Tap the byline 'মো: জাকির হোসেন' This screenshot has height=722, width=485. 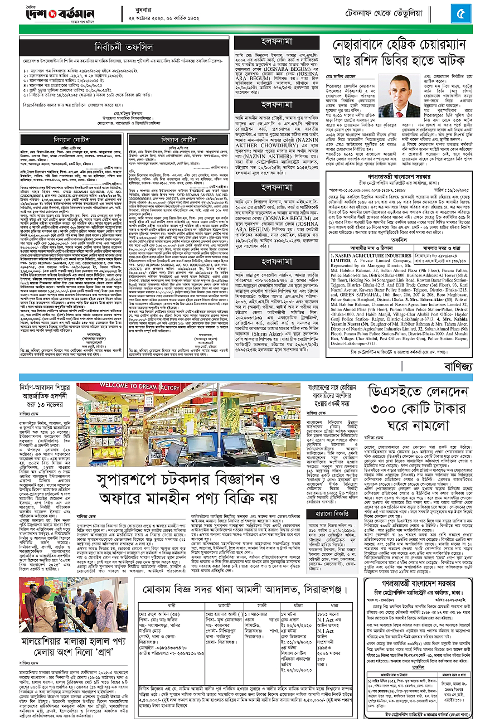point(349,74)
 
